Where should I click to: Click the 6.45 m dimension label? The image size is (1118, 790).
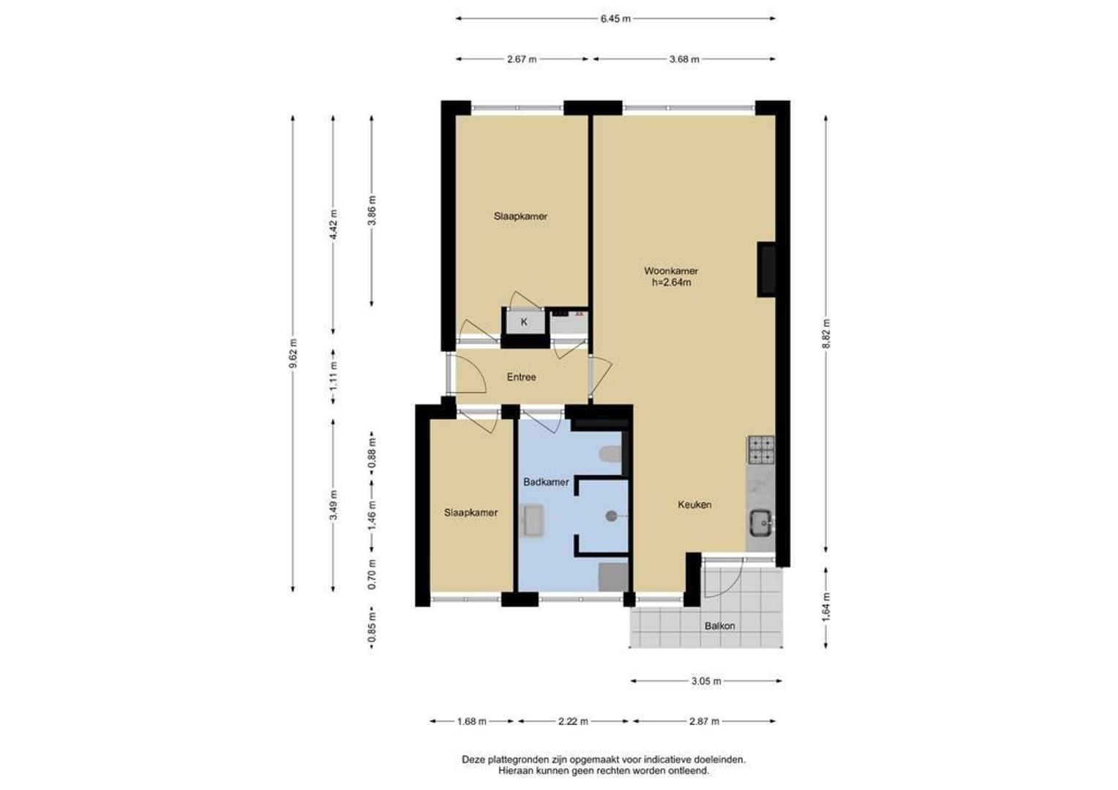615,19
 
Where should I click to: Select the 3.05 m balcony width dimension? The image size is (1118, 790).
706,681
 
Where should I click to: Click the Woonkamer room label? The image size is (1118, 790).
671,271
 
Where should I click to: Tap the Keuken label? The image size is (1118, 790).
694,505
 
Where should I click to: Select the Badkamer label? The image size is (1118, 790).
546,482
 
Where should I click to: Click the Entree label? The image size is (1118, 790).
522,377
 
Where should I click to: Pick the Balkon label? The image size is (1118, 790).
720,626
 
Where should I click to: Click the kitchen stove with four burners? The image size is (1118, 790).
761,450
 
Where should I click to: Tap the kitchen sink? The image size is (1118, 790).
761,522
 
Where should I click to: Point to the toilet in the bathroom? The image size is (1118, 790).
610,454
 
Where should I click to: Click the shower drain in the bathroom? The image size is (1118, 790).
611,516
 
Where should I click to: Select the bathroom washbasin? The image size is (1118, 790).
532,521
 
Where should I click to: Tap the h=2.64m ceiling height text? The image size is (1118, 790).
671,282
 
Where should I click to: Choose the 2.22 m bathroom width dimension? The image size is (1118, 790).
573,721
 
